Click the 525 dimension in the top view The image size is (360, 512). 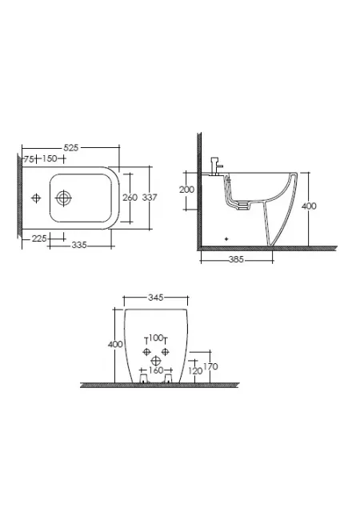coord(71,148)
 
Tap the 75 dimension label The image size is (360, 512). coord(29,159)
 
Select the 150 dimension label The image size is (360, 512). coord(50,158)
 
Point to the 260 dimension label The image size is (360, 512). coord(130,198)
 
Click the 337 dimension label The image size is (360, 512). coord(150,198)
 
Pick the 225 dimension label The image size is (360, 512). coord(39,238)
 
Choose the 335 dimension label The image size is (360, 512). coord(79,245)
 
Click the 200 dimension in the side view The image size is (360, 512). coord(186,190)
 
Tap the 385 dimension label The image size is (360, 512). coord(236,259)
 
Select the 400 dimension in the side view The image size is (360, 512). coord(309,206)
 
